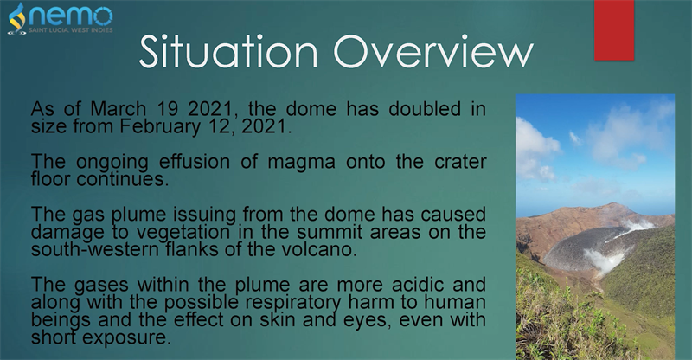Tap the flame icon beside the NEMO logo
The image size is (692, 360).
point(17,18)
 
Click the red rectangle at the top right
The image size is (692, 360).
point(614,30)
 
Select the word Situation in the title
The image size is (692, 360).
point(228,51)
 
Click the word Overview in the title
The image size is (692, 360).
point(433,51)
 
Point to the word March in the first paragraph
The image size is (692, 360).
point(119,109)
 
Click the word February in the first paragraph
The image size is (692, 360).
point(160,126)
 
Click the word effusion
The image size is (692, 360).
point(194,162)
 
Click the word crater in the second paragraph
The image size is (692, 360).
point(460,163)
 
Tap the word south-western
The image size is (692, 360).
point(93,249)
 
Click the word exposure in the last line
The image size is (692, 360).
point(126,338)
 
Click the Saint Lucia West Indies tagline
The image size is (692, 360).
point(71,30)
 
